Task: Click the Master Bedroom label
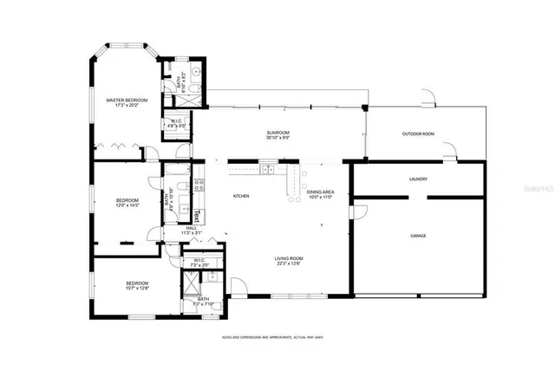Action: [x=127, y=101]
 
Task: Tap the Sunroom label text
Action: [x=277, y=133]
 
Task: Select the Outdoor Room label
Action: [x=417, y=133]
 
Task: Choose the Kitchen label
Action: [x=241, y=197]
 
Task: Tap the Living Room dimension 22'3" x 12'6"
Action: [x=290, y=263]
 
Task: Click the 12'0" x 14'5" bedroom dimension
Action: [x=127, y=206]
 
